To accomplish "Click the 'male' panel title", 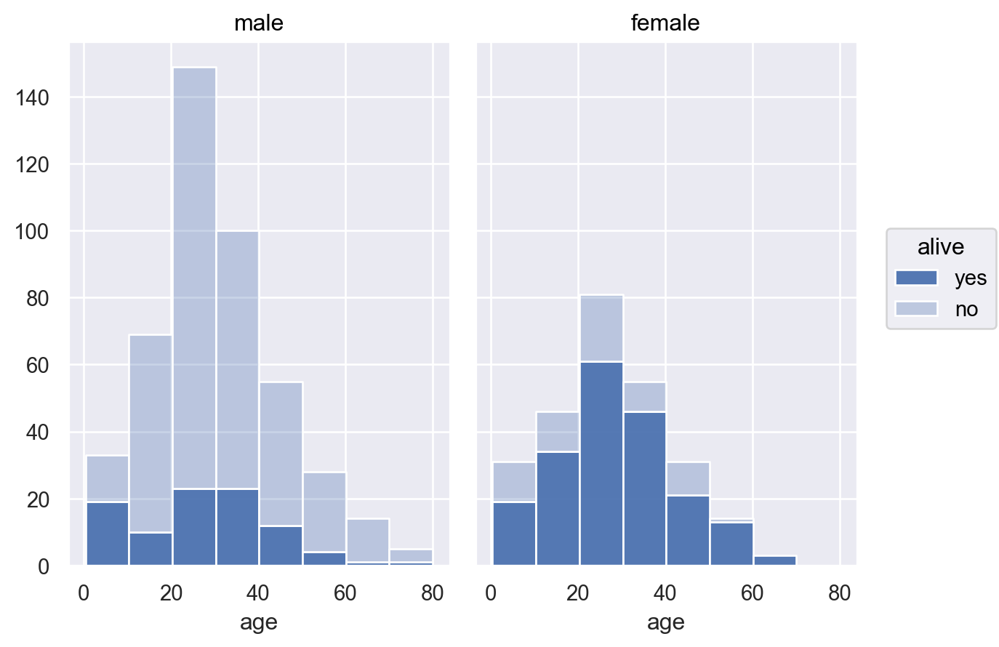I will [259, 23].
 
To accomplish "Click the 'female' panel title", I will [665, 23].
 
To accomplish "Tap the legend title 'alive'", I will [941, 247].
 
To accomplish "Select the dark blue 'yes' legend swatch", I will [916, 278].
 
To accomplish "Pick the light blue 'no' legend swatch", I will [916, 309].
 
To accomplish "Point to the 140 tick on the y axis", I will [33, 98].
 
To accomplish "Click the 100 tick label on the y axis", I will [33, 232].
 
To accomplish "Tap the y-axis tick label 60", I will [38, 366].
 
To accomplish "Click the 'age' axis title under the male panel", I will [259, 622].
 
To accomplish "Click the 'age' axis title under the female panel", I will [665, 622].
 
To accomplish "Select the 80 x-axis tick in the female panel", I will [840, 593].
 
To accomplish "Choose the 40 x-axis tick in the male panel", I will [258, 593].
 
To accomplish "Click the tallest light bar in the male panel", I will [194, 276].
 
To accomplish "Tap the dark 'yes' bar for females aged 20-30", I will [601, 463].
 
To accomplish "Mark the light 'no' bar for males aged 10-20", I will [151, 433].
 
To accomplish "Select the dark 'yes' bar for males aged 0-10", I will [107, 533].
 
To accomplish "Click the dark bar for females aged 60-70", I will [775, 560].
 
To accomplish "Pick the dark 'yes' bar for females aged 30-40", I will [645, 488].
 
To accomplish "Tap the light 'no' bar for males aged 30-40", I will [238, 360].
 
